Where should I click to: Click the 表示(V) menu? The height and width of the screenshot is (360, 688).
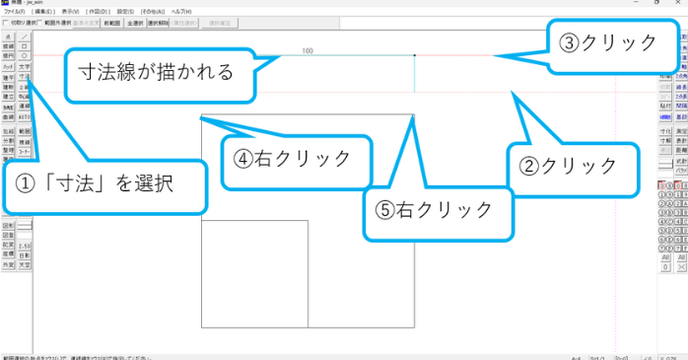click(70, 11)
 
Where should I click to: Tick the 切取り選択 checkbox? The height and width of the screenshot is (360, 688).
click(4, 22)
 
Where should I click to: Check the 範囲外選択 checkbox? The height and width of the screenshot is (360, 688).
click(40, 22)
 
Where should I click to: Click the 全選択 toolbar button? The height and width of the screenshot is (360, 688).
click(135, 22)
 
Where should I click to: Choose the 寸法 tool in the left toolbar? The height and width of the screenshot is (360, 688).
click(25, 75)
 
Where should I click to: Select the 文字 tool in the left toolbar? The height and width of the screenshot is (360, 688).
click(25, 66)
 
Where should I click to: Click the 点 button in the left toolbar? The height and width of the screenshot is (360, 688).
click(8, 36)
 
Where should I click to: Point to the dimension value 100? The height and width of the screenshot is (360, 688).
click(308, 50)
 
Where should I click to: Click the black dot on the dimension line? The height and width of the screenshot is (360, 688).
click(415, 55)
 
